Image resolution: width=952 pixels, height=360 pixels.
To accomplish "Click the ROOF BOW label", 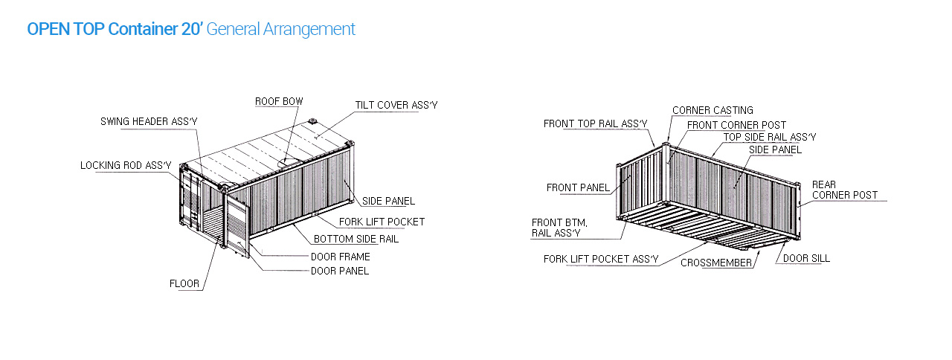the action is coord(279,102).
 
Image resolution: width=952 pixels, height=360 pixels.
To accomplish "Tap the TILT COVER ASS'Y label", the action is coord(396,105).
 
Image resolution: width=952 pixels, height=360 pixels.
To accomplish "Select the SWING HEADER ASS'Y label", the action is coord(149,121).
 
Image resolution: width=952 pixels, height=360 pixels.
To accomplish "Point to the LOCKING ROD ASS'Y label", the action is coord(126,165).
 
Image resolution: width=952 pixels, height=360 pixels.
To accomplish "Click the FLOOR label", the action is coord(184,283).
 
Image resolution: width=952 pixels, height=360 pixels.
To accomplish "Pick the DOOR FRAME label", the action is coord(341,257).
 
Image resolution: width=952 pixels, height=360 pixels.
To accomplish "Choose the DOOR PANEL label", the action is coord(340,271).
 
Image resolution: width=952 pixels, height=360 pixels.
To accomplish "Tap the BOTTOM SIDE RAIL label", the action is coord(356,239).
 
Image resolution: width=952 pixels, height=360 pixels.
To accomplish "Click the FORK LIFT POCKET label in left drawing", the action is coord(382,222).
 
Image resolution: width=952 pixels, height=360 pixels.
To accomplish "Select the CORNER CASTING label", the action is coord(713,111).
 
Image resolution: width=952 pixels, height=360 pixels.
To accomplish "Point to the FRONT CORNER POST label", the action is coord(736,125).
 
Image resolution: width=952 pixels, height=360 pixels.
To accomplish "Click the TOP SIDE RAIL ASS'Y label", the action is coord(770,138).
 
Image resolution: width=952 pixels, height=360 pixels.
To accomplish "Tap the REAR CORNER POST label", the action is coord(844,190).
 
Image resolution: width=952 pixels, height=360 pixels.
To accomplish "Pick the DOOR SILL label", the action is coord(806,258).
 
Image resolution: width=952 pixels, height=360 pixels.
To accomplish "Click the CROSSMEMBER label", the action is coord(716,263).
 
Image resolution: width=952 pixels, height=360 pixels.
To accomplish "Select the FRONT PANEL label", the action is coord(578,188).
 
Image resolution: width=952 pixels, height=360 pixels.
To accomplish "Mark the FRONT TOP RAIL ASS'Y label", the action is coord(596,123).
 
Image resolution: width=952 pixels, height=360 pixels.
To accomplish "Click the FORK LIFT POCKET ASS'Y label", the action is coord(601,260).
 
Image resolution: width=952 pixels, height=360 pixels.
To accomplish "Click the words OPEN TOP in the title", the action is coord(65,29).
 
